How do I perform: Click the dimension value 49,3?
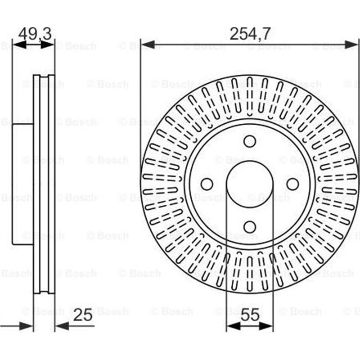coord(35,34)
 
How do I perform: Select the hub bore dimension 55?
coord(250,315)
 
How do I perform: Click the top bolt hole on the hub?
coord(250,141)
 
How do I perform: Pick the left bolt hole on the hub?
coord(207,184)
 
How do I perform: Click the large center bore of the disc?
coord(250,184)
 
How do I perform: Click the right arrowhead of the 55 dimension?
coord(268,326)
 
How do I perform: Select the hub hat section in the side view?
coord(22,184)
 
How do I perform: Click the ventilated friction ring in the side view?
coord(44,184)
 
